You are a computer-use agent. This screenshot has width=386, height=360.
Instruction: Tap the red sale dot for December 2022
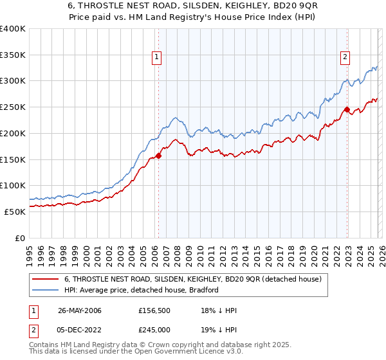[347, 109]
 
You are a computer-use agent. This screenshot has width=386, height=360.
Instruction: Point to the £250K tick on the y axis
[13, 107]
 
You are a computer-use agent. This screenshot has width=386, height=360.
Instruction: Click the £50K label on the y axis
[15, 212]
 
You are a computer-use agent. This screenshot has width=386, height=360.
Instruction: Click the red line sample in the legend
[46, 279]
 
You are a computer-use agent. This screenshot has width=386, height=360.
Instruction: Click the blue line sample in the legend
[46, 290]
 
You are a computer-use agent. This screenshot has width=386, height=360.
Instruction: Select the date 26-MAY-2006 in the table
[80, 310]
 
